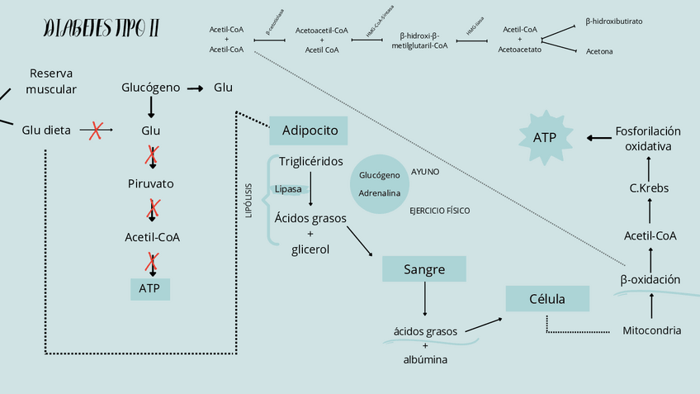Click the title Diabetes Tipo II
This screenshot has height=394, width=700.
point(101,30)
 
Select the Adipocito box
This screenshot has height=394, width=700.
point(309,131)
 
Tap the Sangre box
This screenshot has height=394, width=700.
point(424,269)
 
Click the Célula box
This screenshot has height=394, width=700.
point(547,299)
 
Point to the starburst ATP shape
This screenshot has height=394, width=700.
point(544,137)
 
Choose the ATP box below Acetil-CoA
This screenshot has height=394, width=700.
point(150,288)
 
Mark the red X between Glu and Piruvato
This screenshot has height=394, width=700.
point(152,155)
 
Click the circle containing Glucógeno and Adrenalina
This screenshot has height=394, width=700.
point(380,183)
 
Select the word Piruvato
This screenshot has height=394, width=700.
point(151,183)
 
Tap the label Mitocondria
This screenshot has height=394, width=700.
point(651,330)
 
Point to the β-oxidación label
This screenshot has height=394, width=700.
point(650,279)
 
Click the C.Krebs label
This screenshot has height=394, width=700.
point(649,188)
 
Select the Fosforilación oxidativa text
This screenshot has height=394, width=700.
point(648,138)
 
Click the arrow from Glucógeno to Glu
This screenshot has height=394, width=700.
point(195,88)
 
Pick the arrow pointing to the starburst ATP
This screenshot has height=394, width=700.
point(599,137)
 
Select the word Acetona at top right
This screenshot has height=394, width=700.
point(599,51)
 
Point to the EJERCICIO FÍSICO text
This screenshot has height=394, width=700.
point(439,211)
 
